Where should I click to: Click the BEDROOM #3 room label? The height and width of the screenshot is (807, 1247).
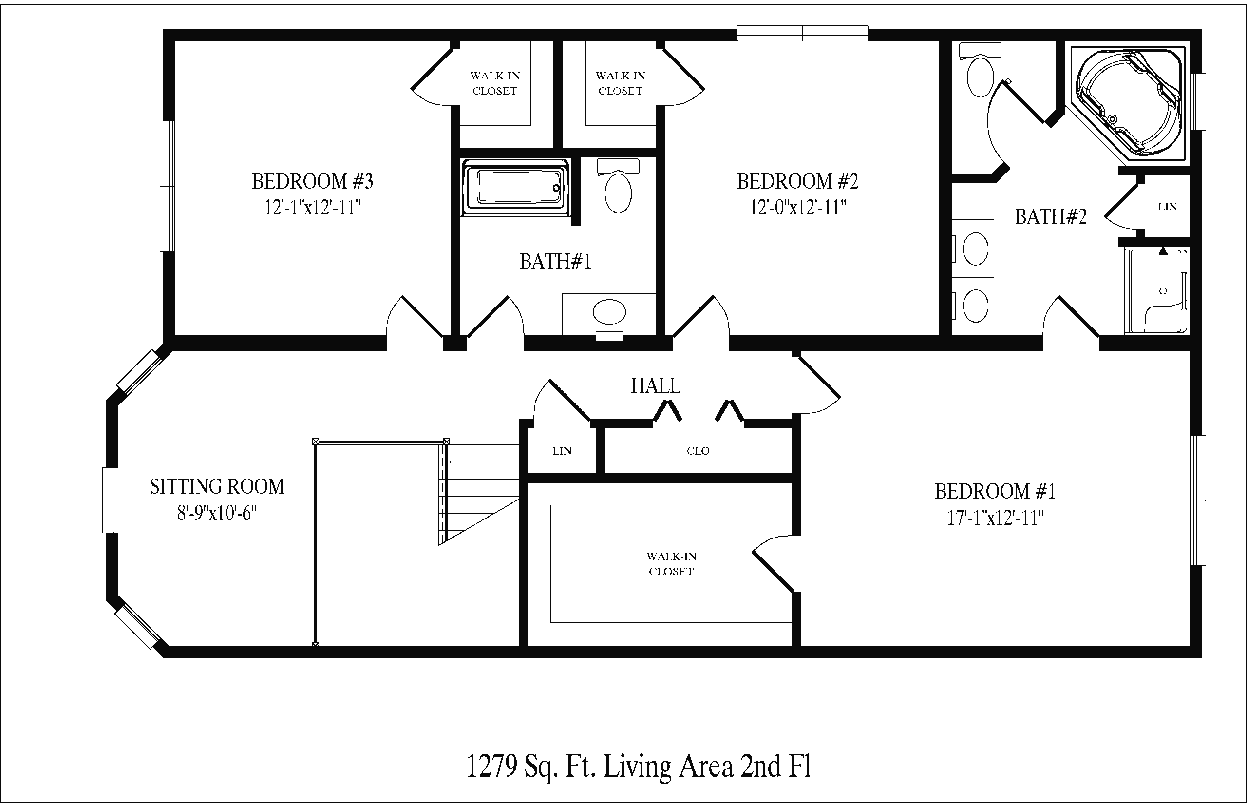coord(313,181)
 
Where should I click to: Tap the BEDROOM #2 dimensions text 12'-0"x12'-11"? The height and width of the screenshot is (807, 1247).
coord(797,208)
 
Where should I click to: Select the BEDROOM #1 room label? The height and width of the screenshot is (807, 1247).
coord(995,492)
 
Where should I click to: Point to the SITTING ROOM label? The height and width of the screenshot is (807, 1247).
coord(217,487)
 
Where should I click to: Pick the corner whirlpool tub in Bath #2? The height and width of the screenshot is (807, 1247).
coord(1128,103)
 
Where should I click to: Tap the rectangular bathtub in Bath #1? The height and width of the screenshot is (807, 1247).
coord(515,188)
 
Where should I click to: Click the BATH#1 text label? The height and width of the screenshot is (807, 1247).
coord(555,262)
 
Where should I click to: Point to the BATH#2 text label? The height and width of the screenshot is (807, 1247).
coord(1051,216)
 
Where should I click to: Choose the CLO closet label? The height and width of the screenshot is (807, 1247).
coord(698,451)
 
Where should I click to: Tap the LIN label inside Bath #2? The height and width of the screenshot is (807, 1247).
coord(1168,207)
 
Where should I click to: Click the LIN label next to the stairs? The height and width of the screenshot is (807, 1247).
coord(562,451)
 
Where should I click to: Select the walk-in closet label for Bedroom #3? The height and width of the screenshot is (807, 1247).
coord(495,83)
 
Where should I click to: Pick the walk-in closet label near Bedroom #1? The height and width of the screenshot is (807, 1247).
coord(671,564)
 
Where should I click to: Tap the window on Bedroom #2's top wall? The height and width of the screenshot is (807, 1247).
coord(802,33)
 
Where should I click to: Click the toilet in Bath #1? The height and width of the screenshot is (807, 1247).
coord(618,186)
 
